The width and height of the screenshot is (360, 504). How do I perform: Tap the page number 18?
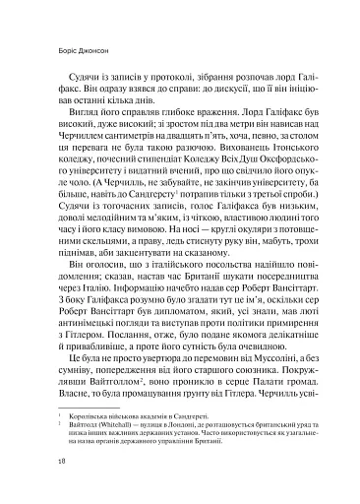[35, 485]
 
